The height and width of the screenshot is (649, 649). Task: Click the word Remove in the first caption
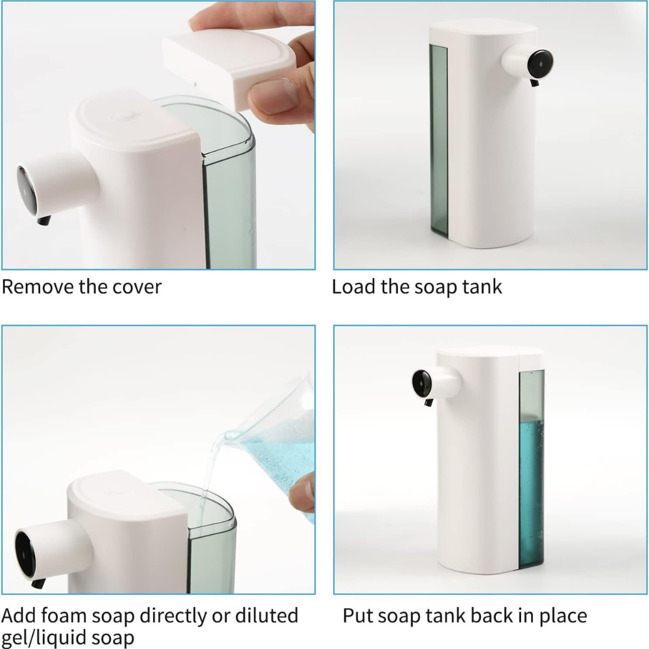point(37,287)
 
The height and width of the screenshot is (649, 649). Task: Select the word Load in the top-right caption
point(353,287)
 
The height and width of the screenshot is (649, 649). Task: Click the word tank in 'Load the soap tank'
point(482,287)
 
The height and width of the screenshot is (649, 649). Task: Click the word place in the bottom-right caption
point(559,615)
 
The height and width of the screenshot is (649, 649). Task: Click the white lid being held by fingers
point(228,63)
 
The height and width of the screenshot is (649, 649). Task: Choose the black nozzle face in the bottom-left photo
point(25,553)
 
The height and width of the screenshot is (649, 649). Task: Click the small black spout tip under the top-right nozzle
point(534,82)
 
